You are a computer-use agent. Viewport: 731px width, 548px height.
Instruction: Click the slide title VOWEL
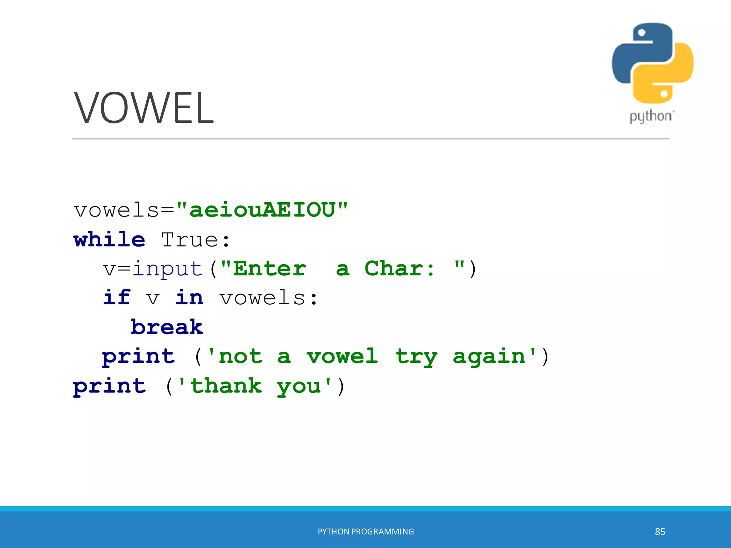coord(144,108)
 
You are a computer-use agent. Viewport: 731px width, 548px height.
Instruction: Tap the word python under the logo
coord(650,117)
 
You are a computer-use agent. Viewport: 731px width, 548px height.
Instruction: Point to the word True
coord(189,240)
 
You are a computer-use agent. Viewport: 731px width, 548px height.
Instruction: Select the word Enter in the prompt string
coord(270,269)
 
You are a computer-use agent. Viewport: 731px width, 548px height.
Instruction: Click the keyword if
coord(117,298)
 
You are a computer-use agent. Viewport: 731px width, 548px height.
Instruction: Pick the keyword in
coord(189,298)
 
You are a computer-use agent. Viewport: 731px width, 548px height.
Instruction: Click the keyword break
coord(167,327)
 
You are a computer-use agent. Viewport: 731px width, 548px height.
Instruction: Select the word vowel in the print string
coord(342,356)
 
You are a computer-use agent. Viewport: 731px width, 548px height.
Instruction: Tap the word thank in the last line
coord(226,386)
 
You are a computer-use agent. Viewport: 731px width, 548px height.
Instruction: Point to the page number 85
coord(660,532)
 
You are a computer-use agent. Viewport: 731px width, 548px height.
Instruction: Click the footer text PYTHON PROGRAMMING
coord(366,532)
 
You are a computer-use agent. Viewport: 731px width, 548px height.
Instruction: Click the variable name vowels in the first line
coord(116,210)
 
